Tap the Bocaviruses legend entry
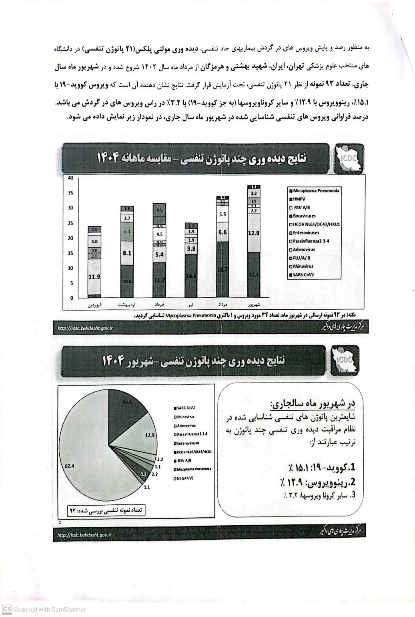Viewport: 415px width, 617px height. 304,216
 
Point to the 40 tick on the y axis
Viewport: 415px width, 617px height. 70,178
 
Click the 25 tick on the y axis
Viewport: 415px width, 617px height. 70,223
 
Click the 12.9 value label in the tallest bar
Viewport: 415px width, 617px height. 254,233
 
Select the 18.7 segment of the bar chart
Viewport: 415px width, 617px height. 223,270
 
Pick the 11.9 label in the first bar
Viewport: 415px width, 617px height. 94,276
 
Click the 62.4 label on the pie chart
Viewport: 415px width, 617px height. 70,466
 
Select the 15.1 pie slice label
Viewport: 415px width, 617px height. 127,402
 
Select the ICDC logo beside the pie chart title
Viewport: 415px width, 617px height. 345,361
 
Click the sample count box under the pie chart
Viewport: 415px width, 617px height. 106,510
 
